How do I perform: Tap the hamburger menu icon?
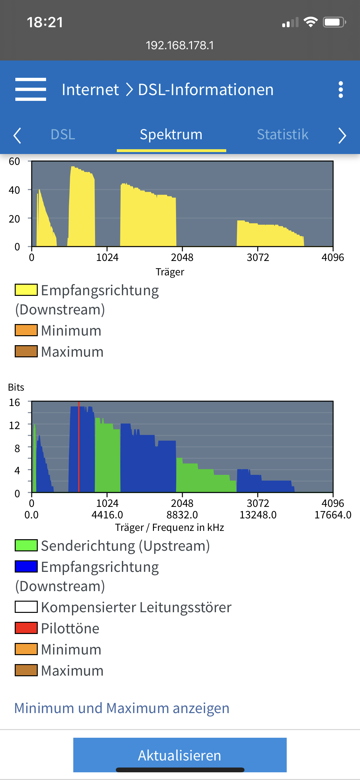[x=31, y=89]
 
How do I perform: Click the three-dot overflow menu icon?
[x=341, y=89]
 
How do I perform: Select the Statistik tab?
[x=283, y=134]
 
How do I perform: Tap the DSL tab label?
[x=63, y=134]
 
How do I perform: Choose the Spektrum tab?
[x=171, y=134]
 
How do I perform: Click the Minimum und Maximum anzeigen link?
[x=122, y=708]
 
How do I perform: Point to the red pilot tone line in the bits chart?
[x=79, y=448]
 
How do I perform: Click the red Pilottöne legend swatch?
[x=26, y=628]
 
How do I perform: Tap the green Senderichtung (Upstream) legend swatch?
[x=26, y=545]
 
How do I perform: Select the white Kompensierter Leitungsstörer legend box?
[x=26, y=607]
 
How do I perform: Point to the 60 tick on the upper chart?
[x=14, y=161]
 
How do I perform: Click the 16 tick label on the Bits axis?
[x=14, y=402]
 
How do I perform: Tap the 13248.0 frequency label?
[x=258, y=515]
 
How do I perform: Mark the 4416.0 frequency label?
[x=107, y=515]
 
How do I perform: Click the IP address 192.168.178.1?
[x=180, y=45]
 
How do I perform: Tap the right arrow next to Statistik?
[x=342, y=135]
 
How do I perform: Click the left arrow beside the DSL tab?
[x=17, y=135]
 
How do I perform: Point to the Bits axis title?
[x=16, y=387]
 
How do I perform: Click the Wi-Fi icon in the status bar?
[x=310, y=22]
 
